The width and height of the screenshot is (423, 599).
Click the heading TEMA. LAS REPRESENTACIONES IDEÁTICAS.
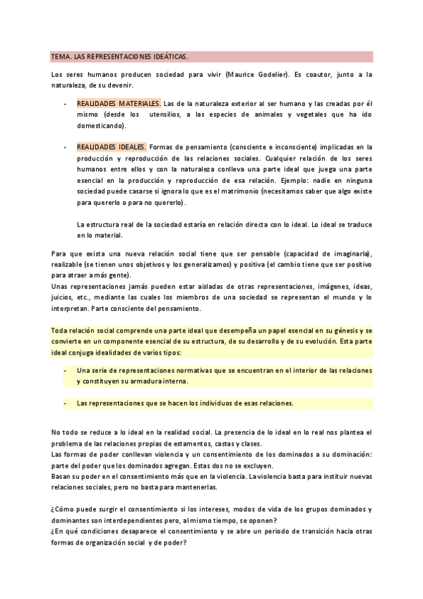tap(119, 56)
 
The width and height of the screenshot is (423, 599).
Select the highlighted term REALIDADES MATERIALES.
tap(119, 102)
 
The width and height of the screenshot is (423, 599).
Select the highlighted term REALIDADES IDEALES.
tap(111, 147)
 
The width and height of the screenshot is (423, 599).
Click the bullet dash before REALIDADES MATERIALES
tap(66, 102)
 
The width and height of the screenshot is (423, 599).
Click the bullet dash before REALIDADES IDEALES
tap(66, 147)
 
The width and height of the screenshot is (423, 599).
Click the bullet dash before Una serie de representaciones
tap(66, 370)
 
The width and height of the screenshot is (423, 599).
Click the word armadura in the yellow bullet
tap(146, 381)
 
